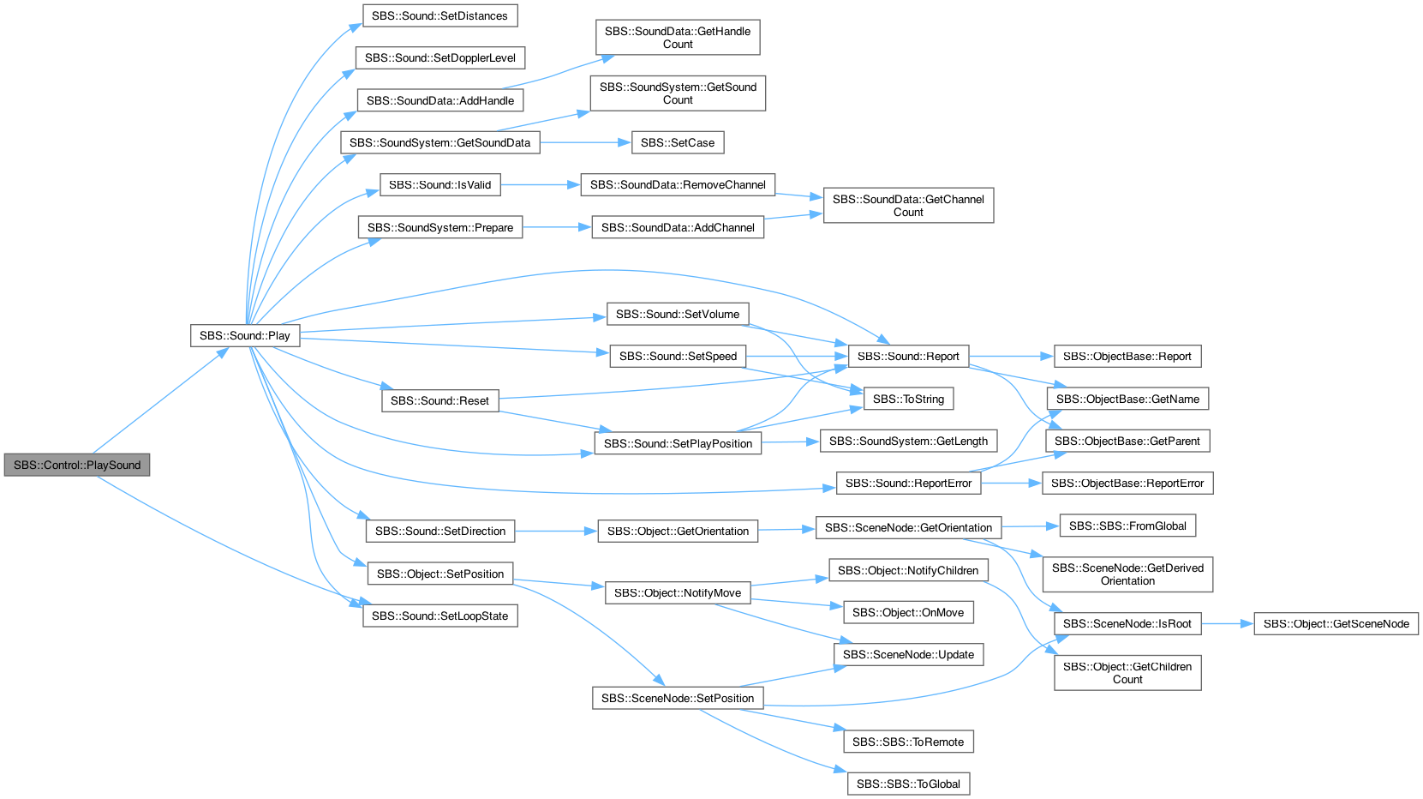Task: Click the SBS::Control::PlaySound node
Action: click(77, 465)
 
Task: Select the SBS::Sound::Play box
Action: click(244, 335)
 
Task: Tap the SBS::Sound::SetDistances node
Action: click(439, 16)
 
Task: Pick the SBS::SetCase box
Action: click(677, 142)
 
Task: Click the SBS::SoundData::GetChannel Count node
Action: click(908, 205)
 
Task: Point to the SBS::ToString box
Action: click(908, 399)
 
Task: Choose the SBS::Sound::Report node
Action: click(908, 356)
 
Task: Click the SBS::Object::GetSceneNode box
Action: click(1336, 623)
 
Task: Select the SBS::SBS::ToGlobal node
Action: click(908, 784)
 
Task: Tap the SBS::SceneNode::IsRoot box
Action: click(1127, 623)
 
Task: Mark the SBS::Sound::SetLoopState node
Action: click(439, 616)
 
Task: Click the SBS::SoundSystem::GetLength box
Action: click(908, 442)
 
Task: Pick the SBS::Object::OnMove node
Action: click(908, 612)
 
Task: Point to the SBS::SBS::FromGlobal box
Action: click(1127, 526)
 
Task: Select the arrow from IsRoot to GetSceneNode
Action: click(1228, 623)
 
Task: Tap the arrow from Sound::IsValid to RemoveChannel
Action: click(541, 185)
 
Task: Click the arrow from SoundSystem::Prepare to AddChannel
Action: click(557, 227)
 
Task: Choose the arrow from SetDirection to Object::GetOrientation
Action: click(556, 531)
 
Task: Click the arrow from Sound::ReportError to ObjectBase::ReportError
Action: click(1011, 484)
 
